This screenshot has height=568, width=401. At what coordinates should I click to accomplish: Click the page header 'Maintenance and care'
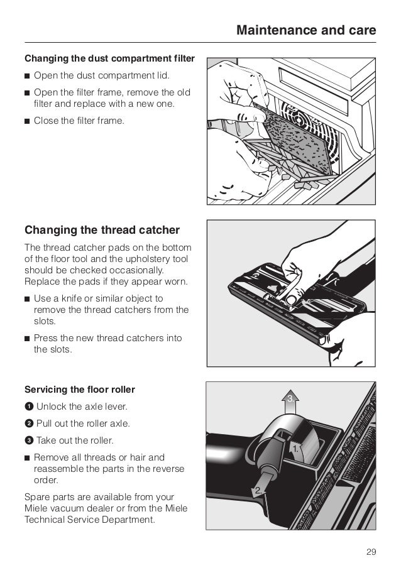[305, 30]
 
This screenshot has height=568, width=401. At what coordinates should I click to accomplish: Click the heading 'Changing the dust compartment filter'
[109, 59]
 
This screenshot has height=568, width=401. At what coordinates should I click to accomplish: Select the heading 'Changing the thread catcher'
[102, 229]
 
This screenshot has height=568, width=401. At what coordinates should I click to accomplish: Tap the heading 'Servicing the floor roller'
[79, 390]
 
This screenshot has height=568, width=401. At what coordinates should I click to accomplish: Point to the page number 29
[370, 552]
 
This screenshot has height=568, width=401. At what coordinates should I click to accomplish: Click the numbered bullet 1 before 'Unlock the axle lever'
[28, 407]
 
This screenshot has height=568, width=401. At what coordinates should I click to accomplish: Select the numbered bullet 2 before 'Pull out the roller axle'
[28, 423]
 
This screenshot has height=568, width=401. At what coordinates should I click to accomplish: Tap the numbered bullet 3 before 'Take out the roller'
[28, 440]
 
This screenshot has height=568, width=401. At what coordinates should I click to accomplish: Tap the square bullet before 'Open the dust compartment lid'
[28, 76]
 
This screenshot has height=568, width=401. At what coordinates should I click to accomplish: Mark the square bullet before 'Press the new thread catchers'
[28, 339]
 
